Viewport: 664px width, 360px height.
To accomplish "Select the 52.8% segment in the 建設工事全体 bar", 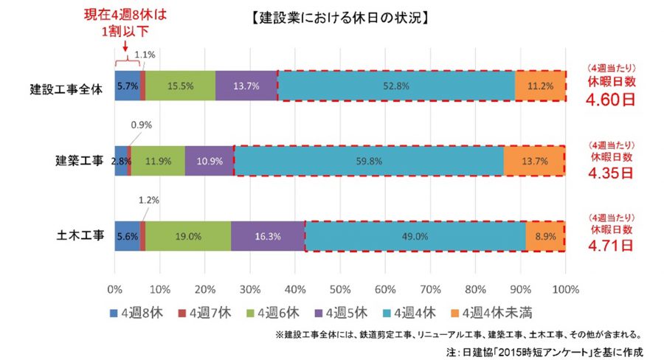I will point(396,86).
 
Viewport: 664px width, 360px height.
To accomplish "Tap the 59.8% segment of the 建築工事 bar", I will point(369,161).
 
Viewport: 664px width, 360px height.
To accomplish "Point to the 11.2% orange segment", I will point(540,86).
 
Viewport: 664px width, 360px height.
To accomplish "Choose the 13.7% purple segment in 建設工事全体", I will point(246,86).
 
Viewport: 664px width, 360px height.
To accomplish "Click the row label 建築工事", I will point(80,161).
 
